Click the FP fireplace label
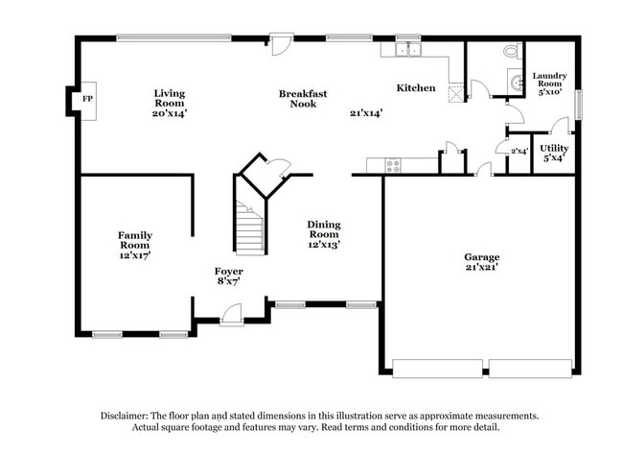pos(87,100)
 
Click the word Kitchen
pos(416,88)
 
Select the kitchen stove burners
pos(392,165)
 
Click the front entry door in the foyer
pos(231,312)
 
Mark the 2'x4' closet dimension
pos(519,151)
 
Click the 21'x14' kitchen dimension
pos(366,112)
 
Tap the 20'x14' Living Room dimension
pos(170,112)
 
